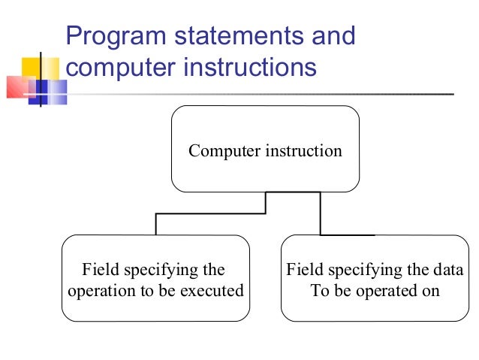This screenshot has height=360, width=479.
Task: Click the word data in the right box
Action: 447,271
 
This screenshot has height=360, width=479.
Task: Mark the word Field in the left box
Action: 98,271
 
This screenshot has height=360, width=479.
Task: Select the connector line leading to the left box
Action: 156,224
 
